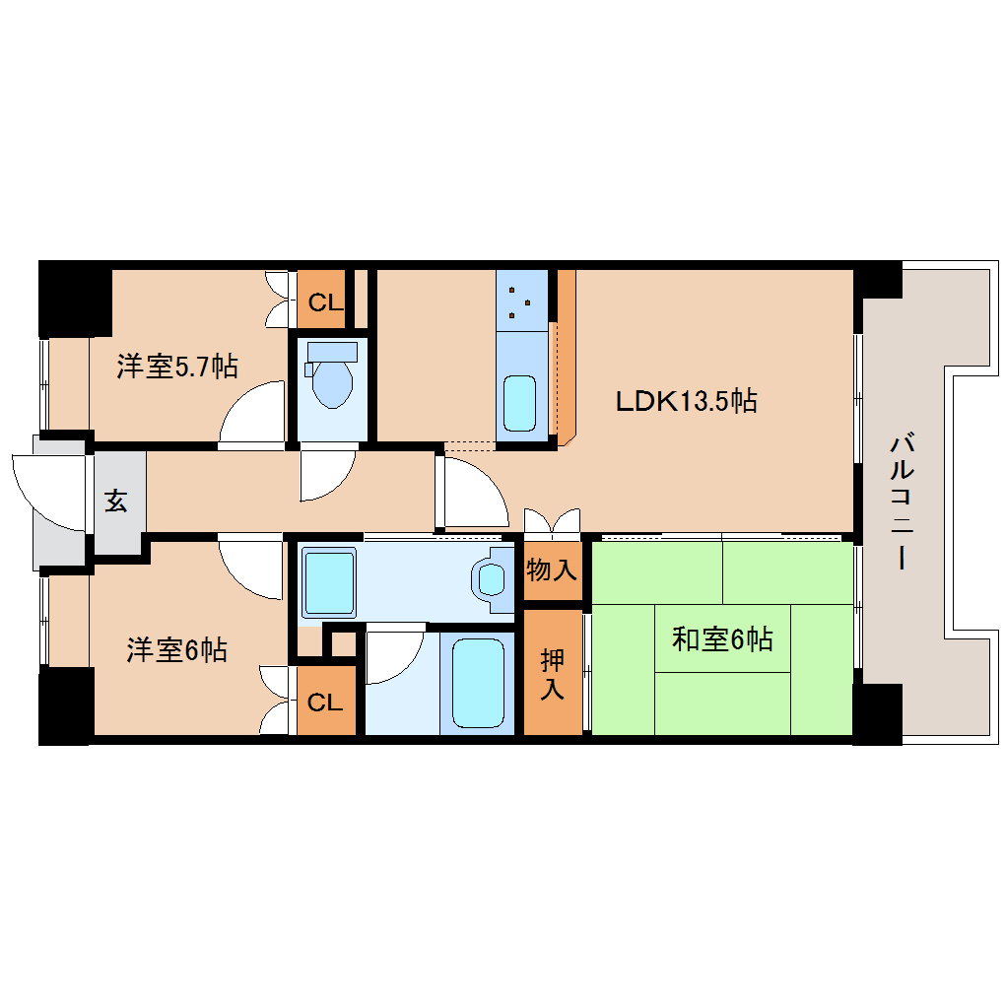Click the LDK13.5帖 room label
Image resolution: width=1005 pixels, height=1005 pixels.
[686, 401]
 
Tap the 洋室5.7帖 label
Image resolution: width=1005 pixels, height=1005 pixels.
[177, 367]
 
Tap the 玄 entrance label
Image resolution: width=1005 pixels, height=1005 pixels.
[116, 502]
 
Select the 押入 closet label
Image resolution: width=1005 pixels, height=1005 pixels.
[552, 673]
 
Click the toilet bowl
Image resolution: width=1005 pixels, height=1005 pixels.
[332, 379]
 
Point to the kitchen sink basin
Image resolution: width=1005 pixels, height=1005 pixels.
[520, 402]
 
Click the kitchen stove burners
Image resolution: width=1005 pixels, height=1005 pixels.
[521, 300]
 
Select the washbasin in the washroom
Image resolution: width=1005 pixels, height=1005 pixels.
[490, 579]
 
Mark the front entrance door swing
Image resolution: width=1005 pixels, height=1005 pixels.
[49, 490]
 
